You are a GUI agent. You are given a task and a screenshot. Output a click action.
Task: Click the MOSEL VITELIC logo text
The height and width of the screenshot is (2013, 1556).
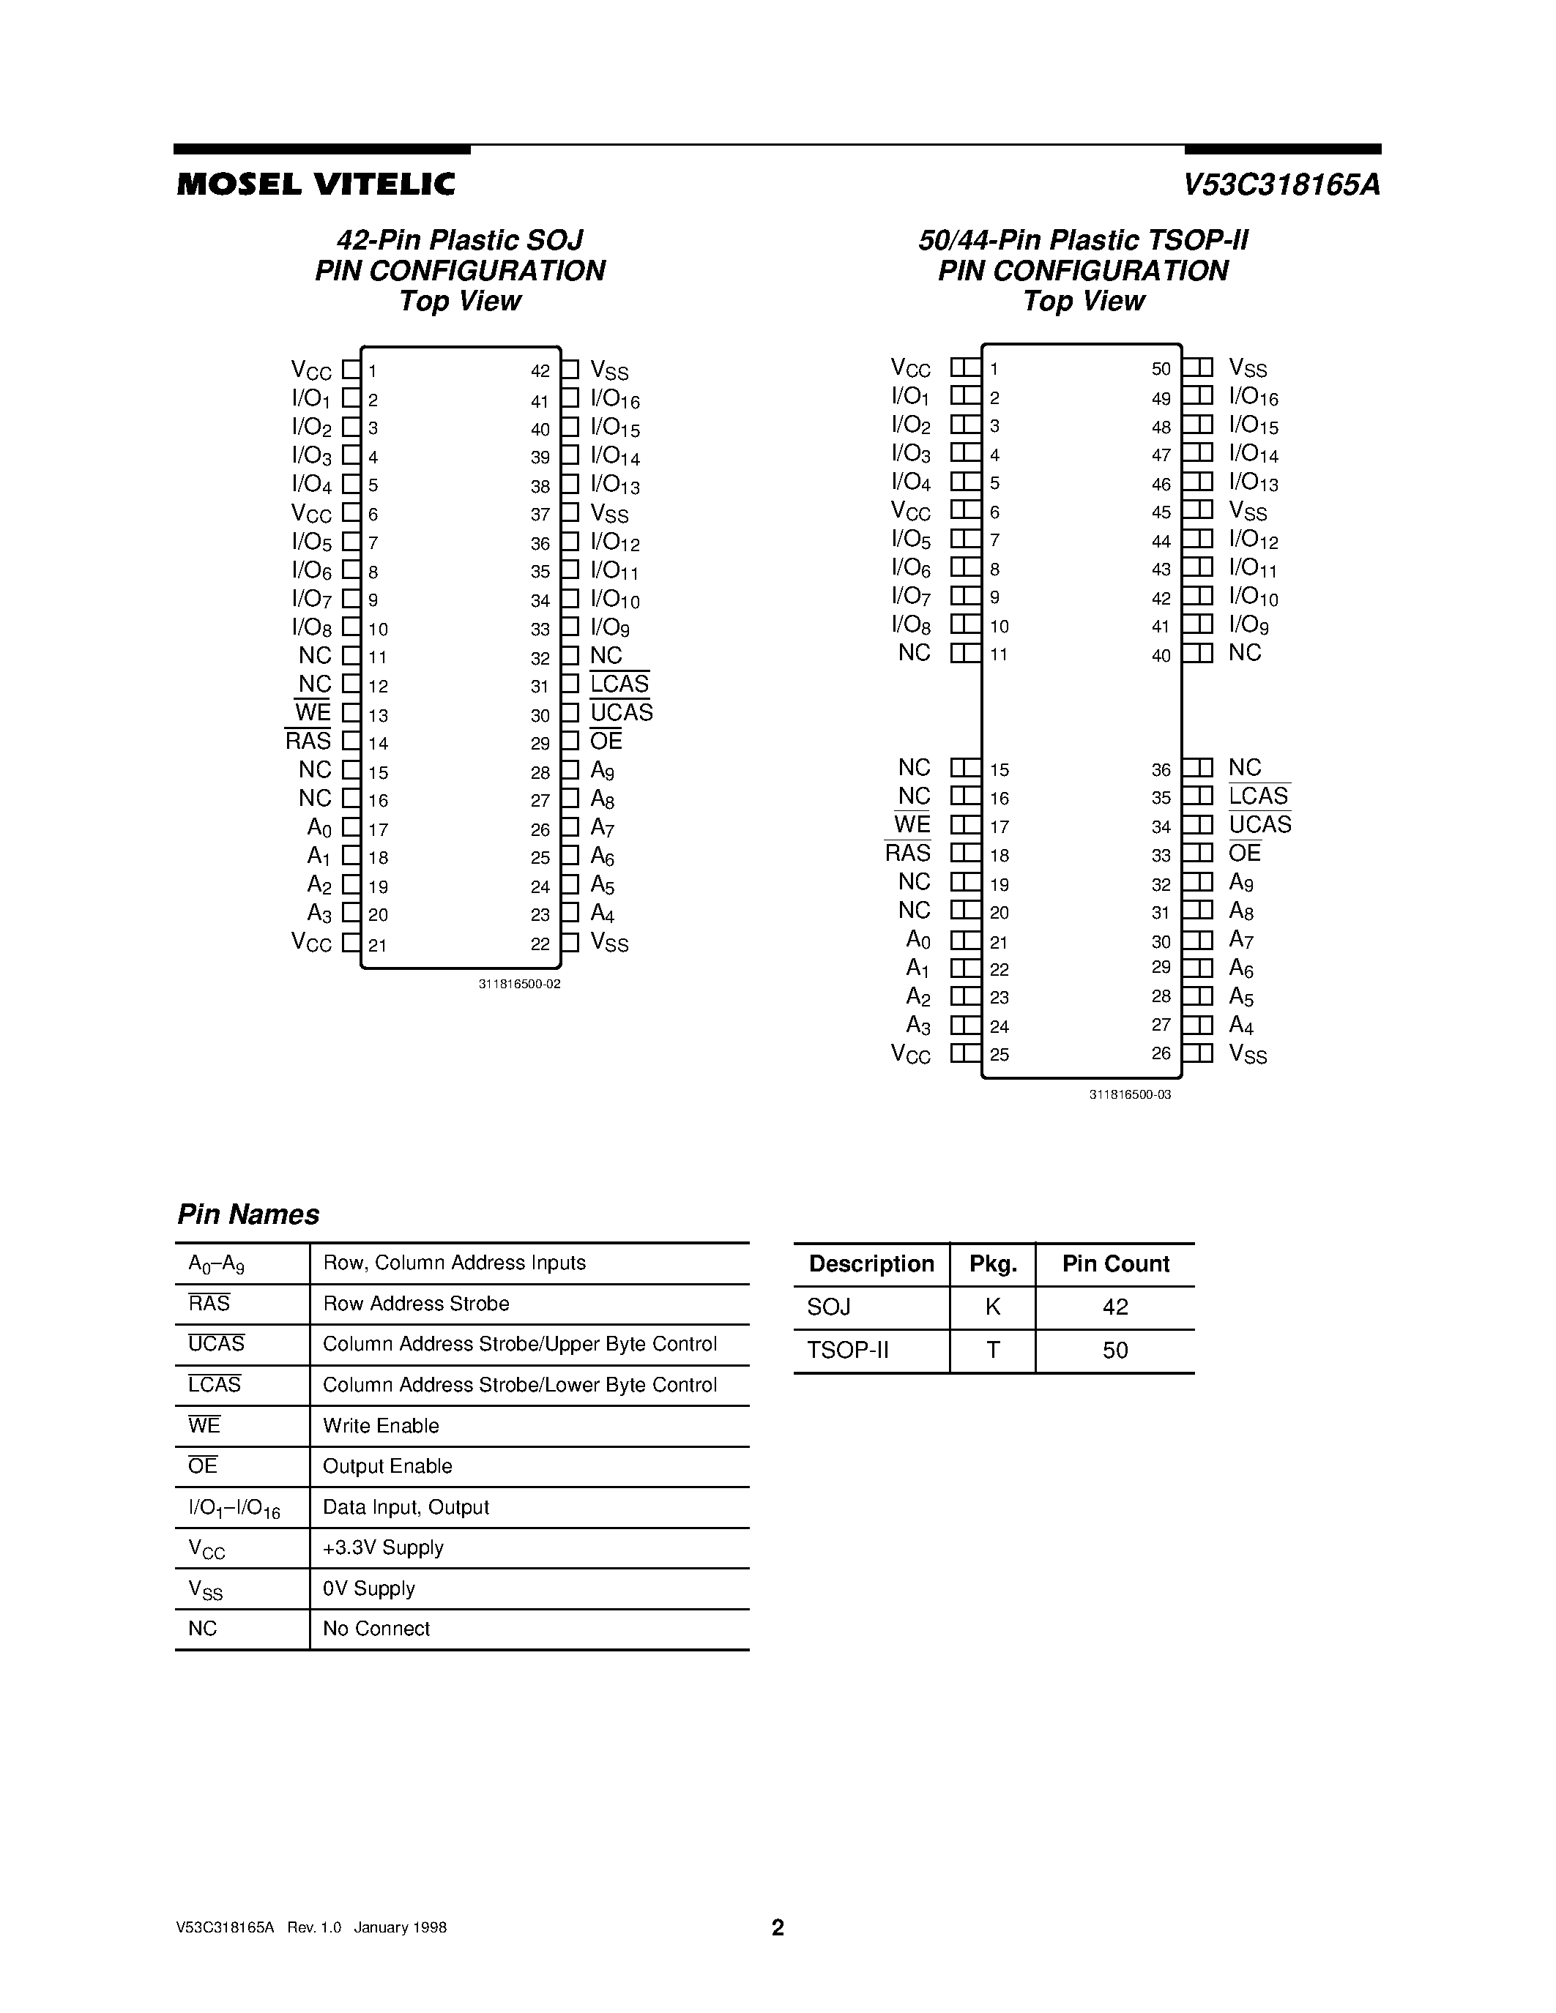(316, 184)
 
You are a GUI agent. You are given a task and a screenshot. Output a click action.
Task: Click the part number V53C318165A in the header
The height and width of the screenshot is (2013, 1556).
(1281, 185)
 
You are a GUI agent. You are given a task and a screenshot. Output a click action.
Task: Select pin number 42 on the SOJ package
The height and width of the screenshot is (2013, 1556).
(540, 370)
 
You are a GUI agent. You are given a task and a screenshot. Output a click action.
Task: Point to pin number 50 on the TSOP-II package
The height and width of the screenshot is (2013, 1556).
(1161, 369)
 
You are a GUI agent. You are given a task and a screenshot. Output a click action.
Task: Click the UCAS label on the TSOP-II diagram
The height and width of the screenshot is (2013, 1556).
(1259, 825)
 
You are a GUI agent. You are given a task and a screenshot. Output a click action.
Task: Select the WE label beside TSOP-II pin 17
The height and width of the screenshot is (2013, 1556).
(912, 825)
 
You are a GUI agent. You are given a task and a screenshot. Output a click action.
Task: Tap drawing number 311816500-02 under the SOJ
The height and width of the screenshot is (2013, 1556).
(519, 985)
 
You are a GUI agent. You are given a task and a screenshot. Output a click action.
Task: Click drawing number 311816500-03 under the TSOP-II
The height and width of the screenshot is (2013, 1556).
(1129, 1095)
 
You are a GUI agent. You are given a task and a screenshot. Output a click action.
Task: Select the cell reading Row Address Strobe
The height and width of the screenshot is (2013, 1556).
(416, 1303)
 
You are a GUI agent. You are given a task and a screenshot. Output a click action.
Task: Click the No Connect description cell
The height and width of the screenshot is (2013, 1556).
(376, 1629)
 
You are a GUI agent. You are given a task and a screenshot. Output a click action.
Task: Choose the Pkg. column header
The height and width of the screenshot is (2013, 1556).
(993, 1263)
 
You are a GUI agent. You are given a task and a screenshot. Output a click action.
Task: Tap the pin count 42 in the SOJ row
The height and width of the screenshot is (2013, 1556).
(1114, 1307)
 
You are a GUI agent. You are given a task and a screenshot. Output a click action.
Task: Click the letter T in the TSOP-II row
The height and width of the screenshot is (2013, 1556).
(993, 1351)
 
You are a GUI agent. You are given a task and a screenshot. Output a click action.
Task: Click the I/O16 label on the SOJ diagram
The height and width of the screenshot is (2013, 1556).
(615, 400)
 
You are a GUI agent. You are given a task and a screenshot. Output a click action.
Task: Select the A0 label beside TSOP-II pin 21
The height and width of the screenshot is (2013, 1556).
(918, 940)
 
